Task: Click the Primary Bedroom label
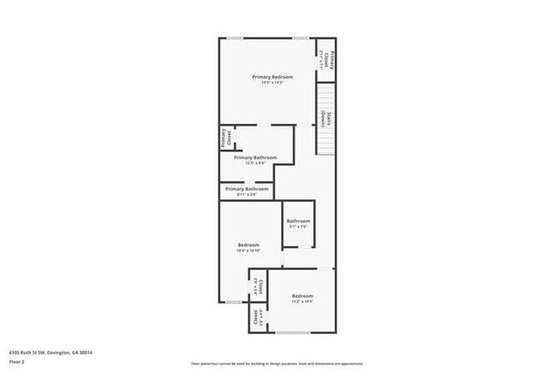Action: [x=272, y=77]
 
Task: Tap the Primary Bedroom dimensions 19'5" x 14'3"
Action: [x=272, y=83]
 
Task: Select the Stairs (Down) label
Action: [x=324, y=119]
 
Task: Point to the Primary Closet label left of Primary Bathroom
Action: [x=225, y=138]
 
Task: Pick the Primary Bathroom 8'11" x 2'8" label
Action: [x=247, y=190]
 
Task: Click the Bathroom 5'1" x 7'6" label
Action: [x=298, y=222]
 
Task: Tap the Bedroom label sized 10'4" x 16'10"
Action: [x=248, y=246]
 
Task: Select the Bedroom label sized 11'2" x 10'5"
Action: [x=302, y=297]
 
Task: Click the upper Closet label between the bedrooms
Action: [x=258, y=287]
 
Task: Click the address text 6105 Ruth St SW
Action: [x=50, y=351]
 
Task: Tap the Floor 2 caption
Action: [x=18, y=361]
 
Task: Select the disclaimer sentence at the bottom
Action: [x=277, y=363]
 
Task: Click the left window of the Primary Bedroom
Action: [x=234, y=38]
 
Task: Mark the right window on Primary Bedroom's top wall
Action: [x=301, y=38]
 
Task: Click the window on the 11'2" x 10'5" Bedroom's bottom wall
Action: [x=293, y=333]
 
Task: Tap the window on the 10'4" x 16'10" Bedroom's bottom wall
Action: [x=233, y=302]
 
